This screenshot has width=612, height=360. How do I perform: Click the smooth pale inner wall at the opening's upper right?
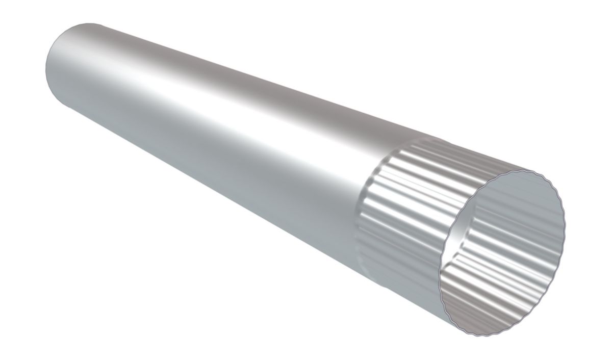(530, 204)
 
